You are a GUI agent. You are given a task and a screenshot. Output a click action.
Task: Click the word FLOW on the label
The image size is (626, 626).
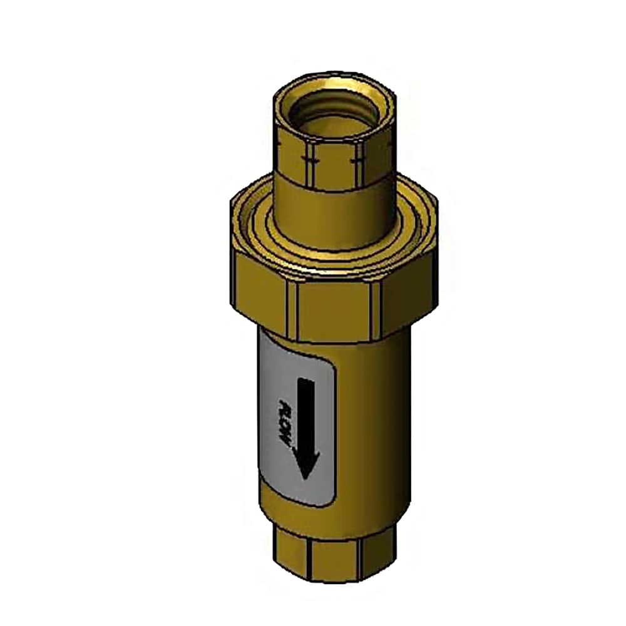[283, 423]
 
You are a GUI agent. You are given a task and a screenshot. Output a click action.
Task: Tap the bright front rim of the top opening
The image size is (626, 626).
[335, 129]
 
